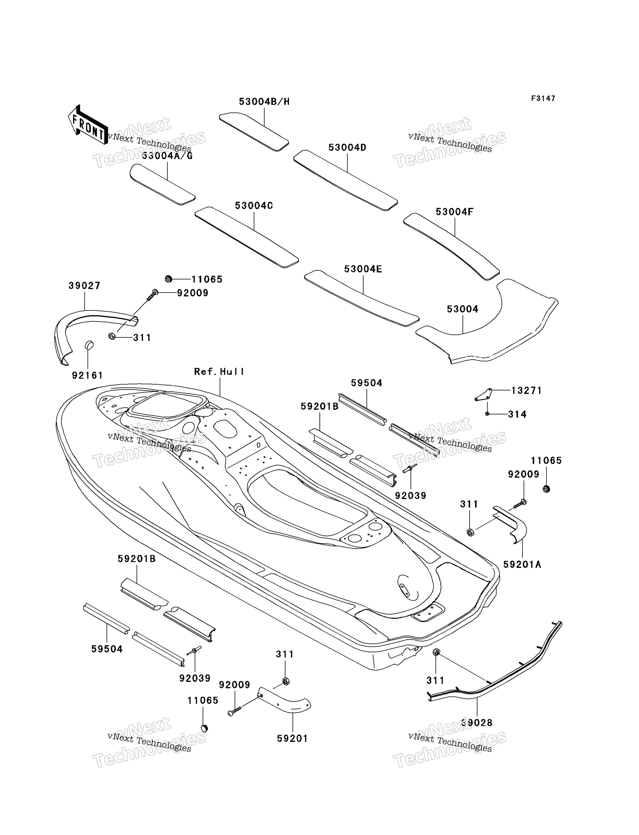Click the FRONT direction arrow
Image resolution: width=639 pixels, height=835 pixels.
(x=88, y=125)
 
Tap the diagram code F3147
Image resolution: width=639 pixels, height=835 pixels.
(x=543, y=98)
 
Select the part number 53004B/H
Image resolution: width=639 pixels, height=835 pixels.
(x=264, y=101)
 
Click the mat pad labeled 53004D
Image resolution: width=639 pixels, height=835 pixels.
(x=345, y=180)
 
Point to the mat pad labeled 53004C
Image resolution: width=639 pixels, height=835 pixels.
(x=246, y=237)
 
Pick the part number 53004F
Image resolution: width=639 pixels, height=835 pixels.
(x=454, y=212)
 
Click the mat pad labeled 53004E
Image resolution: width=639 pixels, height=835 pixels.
(x=362, y=298)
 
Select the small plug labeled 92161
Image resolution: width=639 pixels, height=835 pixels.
(x=89, y=345)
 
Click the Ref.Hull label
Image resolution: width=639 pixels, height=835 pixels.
(x=219, y=372)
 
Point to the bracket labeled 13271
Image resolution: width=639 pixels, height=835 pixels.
(x=483, y=395)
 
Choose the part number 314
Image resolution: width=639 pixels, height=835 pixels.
(x=517, y=414)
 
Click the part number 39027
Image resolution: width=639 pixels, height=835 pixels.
(x=85, y=286)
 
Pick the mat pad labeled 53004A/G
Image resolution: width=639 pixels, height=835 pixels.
(x=162, y=184)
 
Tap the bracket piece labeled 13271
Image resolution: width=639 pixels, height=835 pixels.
(x=483, y=395)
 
